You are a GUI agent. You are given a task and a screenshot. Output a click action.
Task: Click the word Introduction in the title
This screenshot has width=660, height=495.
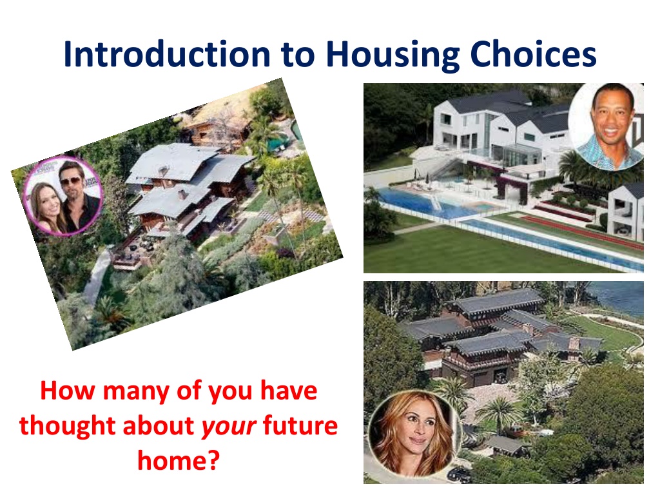point(167,54)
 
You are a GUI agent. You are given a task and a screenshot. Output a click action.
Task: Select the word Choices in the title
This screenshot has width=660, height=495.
point(533,54)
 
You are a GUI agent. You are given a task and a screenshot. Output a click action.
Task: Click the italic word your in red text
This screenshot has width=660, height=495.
point(229,427)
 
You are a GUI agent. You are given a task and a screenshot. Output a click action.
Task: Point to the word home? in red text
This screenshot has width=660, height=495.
point(179,460)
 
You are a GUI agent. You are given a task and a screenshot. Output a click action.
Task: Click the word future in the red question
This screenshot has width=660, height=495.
point(300,425)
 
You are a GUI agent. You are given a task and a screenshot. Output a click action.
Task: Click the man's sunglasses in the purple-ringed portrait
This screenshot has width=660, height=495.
point(71,181)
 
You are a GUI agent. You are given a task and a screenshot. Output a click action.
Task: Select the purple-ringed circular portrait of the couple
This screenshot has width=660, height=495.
point(63,197)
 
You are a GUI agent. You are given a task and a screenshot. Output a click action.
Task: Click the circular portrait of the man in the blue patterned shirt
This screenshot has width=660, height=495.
point(606,127)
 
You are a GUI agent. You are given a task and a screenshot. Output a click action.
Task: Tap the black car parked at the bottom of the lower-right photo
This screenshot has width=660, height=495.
point(459,474)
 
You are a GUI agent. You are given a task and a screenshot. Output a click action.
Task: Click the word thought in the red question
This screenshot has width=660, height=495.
point(67,425)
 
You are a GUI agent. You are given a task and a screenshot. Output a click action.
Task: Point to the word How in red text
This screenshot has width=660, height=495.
point(67,391)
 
